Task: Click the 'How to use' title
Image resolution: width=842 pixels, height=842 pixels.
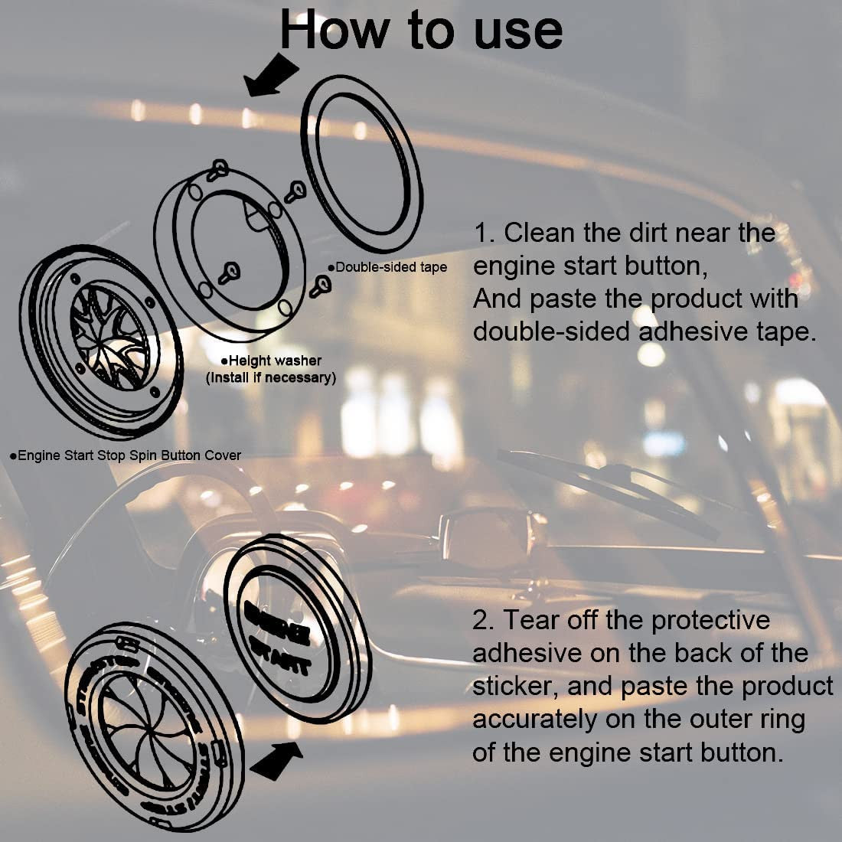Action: click(x=421, y=31)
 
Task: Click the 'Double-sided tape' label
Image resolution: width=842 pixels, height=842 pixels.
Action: click(x=389, y=267)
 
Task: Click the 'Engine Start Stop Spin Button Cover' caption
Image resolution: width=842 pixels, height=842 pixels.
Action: click(x=126, y=455)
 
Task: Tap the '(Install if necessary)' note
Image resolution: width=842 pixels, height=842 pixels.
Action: click(x=271, y=377)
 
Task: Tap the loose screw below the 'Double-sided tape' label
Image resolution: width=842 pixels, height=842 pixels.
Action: click(x=322, y=286)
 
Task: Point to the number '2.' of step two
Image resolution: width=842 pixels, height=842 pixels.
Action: click(x=484, y=620)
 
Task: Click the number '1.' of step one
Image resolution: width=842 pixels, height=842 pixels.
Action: click(x=484, y=233)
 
